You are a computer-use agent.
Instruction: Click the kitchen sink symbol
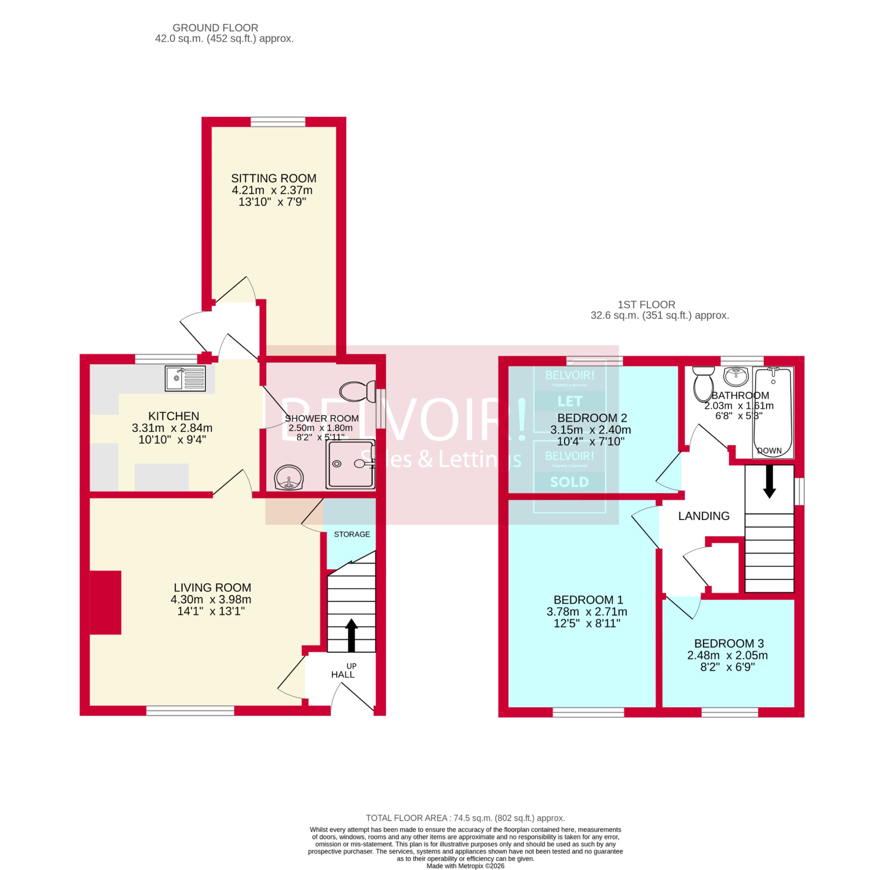point(185,378)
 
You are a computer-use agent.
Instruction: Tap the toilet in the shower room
point(357,391)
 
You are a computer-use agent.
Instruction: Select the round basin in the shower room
point(289,477)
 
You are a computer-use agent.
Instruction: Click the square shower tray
point(350,464)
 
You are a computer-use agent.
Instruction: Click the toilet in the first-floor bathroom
point(703,383)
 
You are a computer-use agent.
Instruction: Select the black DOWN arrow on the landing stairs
point(769,482)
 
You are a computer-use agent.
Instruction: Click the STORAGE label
point(352,534)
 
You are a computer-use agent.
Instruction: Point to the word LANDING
point(703,516)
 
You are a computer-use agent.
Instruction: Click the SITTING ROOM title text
point(273,178)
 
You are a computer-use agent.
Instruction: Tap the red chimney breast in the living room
point(106,602)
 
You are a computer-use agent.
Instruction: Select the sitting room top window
point(278,122)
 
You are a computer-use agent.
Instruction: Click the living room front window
point(190,710)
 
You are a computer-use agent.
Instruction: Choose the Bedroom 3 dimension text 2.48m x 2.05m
point(727,655)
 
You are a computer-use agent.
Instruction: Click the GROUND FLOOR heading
point(215,28)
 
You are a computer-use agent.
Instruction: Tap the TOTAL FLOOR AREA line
point(465,818)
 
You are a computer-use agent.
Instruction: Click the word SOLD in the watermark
point(569,482)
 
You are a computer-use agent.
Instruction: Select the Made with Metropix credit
point(465,866)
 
